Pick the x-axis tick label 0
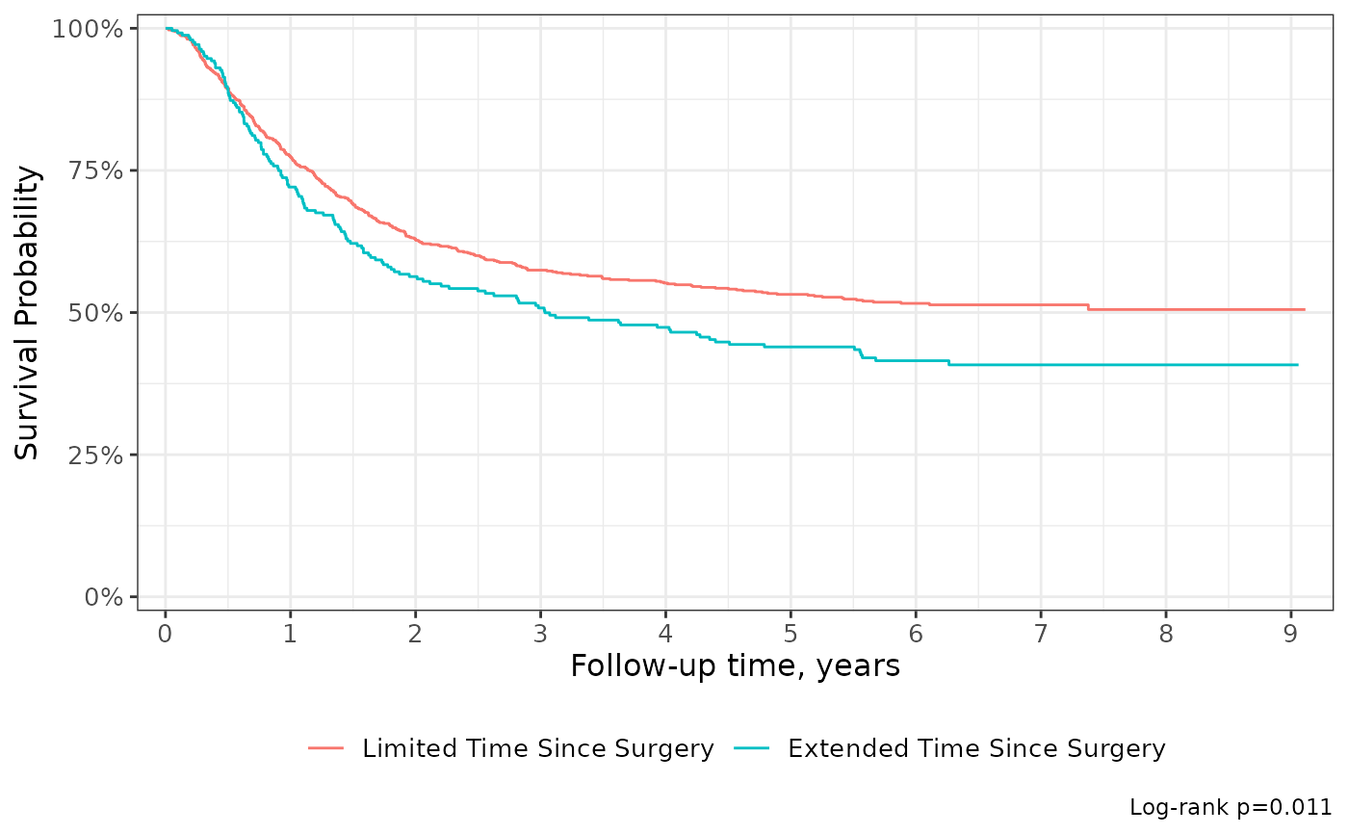pos(166,634)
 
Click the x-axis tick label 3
pos(540,634)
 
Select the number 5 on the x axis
pos(791,634)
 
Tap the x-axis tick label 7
pos(1040,634)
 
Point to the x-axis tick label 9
pos(1290,634)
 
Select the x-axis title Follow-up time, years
pos(735,666)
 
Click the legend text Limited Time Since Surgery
pos(537,748)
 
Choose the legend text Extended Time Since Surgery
pos(976,748)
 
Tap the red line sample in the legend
pos(325,748)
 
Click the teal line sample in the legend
pos(751,748)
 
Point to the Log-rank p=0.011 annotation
pos(1231,808)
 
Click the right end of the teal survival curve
pos(1297,365)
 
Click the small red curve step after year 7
pos(1088,307)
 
